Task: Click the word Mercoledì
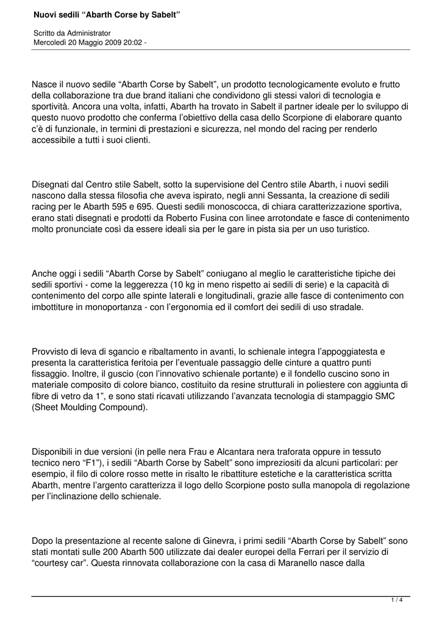pyautogui.click(x=52, y=42)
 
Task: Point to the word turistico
pyautogui.click(x=348, y=229)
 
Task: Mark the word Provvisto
pyautogui.click(x=51, y=352)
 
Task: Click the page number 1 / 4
pyautogui.click(x=396, y=601)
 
